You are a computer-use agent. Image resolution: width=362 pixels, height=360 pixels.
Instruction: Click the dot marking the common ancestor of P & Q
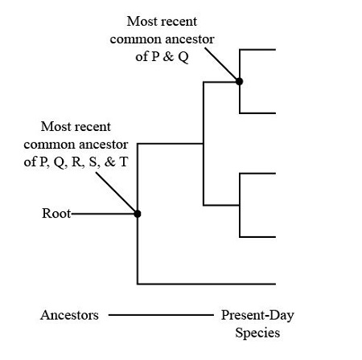239,81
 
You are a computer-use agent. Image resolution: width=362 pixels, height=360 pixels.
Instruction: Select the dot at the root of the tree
138,214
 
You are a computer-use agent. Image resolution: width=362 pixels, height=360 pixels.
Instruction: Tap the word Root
56,214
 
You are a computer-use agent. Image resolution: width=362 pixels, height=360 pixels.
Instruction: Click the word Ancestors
69,315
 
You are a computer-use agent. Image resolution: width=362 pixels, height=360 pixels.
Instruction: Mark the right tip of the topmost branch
275,50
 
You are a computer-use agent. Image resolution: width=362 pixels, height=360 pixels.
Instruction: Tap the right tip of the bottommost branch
275,284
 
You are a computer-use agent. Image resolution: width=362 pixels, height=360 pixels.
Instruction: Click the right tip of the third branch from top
275,174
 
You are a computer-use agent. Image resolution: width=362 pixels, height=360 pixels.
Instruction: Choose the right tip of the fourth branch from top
275,237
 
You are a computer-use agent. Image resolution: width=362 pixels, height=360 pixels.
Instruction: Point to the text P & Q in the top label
174,59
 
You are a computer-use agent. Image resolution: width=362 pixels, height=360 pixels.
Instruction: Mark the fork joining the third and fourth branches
240,206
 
